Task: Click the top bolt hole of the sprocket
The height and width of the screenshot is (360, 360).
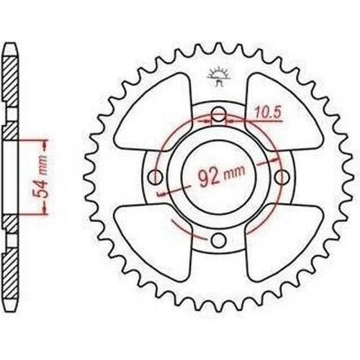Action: (218, 114)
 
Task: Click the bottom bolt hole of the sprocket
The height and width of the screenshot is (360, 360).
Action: (218, 240)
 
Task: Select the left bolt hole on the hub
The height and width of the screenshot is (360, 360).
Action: (155, 177)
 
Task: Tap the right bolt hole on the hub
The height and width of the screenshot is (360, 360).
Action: (282, 177)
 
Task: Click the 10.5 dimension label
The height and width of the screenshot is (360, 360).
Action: (268, 112)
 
